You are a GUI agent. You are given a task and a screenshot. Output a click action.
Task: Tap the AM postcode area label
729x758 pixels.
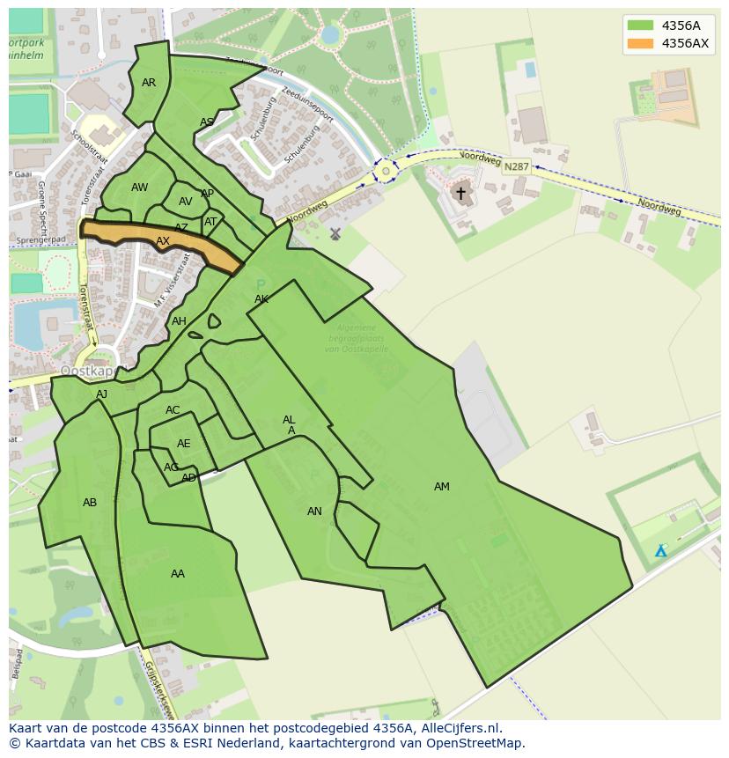[x=441, y=487]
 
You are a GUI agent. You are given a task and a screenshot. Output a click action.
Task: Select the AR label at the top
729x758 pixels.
[x=149, y=83]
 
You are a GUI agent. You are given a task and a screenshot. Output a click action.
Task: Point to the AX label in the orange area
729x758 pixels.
[x=163, y=241]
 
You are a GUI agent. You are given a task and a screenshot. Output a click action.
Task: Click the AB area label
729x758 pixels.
[x=90, y=503]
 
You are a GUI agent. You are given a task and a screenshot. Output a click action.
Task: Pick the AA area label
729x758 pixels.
[x=178, y=574]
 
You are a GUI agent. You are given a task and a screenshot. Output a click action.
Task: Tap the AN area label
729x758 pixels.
[x=314, y=511]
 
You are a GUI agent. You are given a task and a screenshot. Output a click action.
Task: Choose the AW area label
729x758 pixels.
[x=139, y=188]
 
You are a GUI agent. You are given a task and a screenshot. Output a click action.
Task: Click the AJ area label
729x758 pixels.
[x=102, y=394]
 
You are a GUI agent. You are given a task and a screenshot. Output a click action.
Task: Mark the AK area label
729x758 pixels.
[x=261, y=299]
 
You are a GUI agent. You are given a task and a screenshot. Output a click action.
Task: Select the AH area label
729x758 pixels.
[x=179, y=321]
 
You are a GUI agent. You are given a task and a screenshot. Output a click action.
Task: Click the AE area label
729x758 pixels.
[x=183, y=444]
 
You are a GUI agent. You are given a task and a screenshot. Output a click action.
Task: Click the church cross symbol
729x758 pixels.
[x=460, y=192]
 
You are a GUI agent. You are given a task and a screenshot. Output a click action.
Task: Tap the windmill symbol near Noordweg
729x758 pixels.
[x=335, y=234]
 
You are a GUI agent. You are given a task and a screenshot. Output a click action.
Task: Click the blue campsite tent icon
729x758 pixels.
[x=660, y=551]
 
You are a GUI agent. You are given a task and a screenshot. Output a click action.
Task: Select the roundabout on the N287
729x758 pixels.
[x=385, y=171]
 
